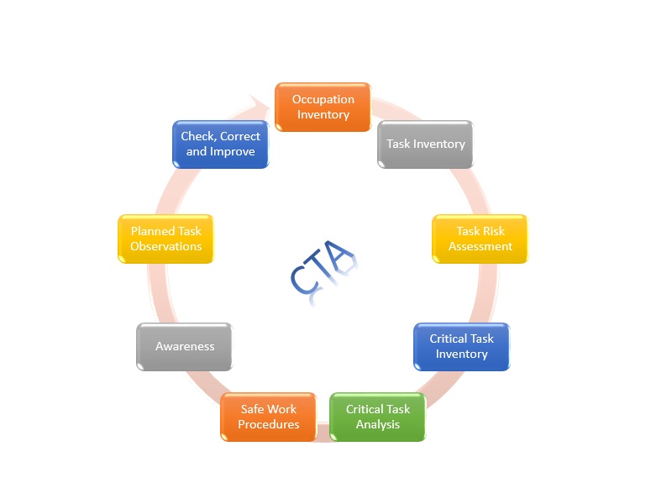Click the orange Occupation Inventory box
[x=323, y=107]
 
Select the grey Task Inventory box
[x=425, y=144]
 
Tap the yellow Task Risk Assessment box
[x=480, y=239]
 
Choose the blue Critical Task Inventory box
[x=461, y=346]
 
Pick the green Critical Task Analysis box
[x=377, y=417]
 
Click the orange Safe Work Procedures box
[x=268, y=417]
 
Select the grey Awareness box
[x=184, y=346]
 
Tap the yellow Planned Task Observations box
[x=165, y=239]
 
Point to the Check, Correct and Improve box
[x=221, y=144]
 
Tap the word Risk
[x=493, y=231]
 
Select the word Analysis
[x=378, y=425]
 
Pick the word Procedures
[x=268, y=425]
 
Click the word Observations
[x=165, y=247]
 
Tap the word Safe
[x=255, y=409]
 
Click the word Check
[x=198, y=136]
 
